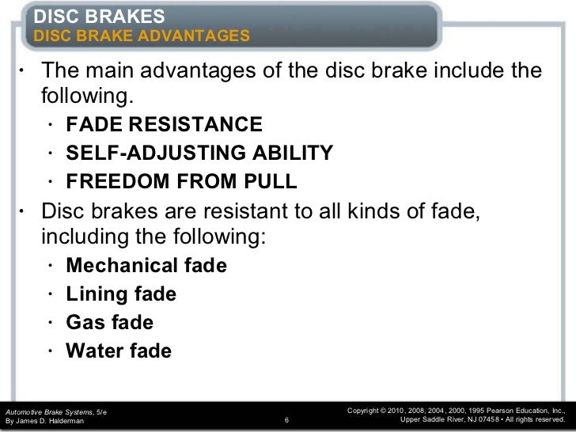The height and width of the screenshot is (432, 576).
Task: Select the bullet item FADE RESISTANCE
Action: (x=163, y=125)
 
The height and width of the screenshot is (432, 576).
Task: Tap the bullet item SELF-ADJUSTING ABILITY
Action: (x=199, y=153)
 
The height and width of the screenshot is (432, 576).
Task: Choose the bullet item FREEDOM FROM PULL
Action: (x=182, y=182)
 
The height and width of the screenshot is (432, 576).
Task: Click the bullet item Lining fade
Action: (x=122, y=294)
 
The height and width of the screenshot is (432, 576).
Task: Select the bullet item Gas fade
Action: (x=111, y=323)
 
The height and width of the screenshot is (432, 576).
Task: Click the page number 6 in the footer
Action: (x=286, y=421)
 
